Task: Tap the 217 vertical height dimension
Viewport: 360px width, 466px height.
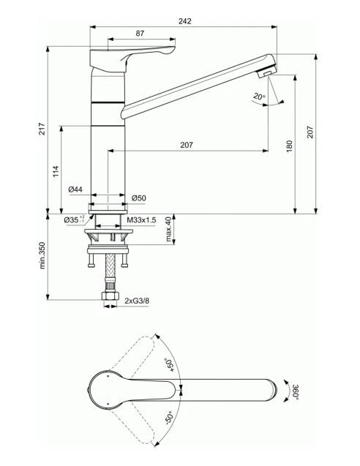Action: (x=43, y=129)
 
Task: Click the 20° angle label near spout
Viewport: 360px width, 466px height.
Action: (x=258, y=97)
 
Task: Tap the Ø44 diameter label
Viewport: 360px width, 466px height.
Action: (x=75, y=189)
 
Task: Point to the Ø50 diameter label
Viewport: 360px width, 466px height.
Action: (x=139, y=198)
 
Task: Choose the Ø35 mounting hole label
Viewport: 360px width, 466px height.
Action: (x=71, y=219)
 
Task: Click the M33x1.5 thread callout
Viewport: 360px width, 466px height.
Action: (x=142, y=219)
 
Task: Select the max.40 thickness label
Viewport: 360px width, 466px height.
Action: (x=168, y=229)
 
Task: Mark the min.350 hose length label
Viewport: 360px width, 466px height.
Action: (x=43, y=256)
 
